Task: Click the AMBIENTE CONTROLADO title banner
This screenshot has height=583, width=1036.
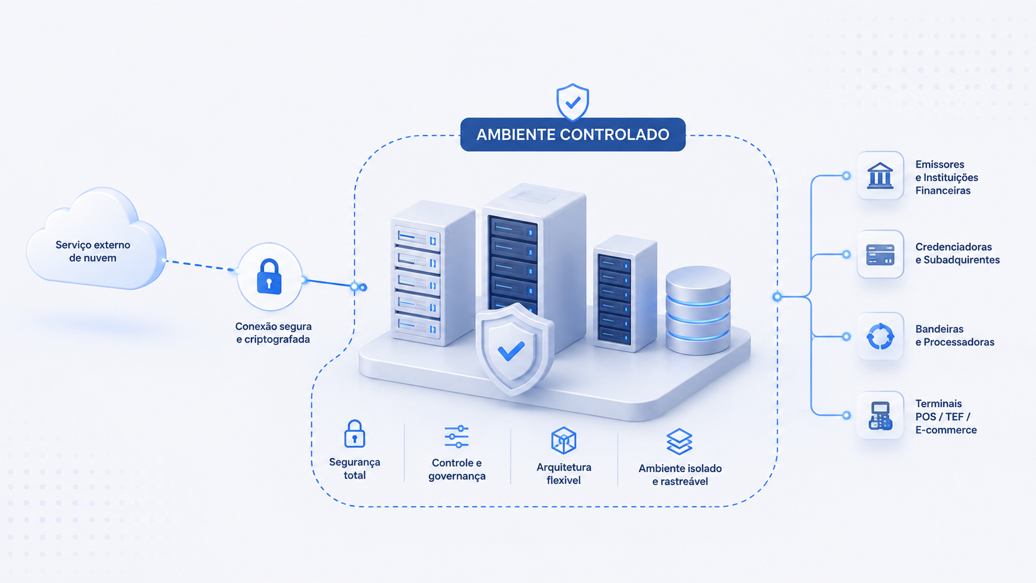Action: tap(573, 134)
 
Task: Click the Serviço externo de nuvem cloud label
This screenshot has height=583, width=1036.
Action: tap(93, 252)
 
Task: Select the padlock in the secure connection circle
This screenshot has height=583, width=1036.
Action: tap(269, 276)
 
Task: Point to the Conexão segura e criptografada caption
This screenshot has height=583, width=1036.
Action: tap(273, 333)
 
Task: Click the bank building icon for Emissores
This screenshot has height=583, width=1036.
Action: tap(880, 176)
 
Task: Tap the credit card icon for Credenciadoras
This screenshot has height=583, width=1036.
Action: tap(880, 254)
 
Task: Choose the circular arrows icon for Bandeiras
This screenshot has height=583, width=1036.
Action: tap(880, 336)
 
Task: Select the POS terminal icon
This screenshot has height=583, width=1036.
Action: tap(880, 416)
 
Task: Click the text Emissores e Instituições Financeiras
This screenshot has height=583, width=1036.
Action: tap(946, 178)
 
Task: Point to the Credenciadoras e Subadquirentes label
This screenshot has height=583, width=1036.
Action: tap(957, 253)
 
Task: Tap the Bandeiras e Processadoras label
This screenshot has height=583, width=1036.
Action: tap(955, 336)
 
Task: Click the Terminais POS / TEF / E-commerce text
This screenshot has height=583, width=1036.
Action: tap(946, 416)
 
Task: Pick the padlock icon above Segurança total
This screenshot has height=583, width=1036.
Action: tap(355, 434)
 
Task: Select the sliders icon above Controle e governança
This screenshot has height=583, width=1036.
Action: tap(457, 436)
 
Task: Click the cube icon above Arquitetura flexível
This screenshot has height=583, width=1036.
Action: tap(563, 440)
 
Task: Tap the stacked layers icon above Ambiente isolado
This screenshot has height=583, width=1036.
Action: tap(680, 442)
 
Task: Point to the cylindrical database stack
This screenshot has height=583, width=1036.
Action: tap(698, 310)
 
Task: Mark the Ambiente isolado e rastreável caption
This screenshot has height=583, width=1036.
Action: tap(680, 475)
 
